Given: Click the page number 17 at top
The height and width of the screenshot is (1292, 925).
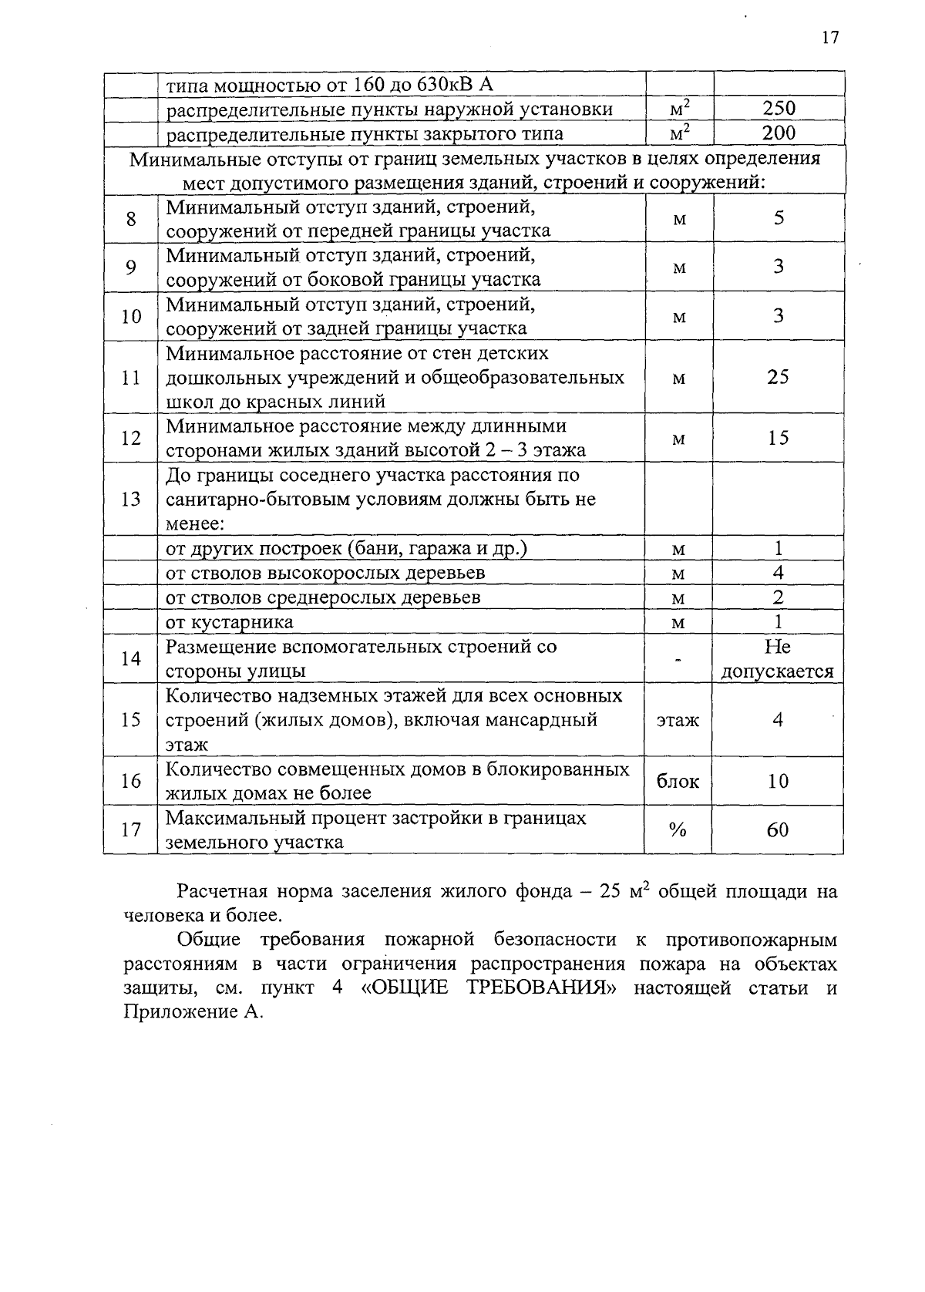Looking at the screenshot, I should point(829,38).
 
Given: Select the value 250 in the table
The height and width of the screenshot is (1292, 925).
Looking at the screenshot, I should point(779,109).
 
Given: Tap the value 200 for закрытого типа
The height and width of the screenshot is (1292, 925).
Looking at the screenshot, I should point(779,133).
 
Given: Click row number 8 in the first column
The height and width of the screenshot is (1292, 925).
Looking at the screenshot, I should point(131,219).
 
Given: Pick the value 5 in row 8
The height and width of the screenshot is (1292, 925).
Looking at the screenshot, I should point(779,218).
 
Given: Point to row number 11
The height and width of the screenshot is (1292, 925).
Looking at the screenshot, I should point(131,378).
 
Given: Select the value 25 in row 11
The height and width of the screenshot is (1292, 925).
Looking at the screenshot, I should point(778,377).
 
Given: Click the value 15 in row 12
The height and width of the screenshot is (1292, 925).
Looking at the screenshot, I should point(778,438).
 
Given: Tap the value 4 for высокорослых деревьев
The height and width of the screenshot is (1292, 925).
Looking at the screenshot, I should point(778,573).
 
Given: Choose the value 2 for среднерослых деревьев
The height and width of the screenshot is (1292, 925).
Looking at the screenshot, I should point(778,597).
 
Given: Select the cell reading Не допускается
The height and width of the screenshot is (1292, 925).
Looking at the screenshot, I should point(777,658).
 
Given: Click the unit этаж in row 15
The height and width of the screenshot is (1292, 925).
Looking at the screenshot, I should point(678,720).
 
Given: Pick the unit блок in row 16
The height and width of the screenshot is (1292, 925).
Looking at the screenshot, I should point(678,781).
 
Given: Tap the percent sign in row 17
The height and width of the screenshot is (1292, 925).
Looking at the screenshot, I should point(678,829).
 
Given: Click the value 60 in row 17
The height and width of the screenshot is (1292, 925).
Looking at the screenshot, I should point(778,829).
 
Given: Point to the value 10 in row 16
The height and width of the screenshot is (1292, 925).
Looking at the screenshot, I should point(778,781).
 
